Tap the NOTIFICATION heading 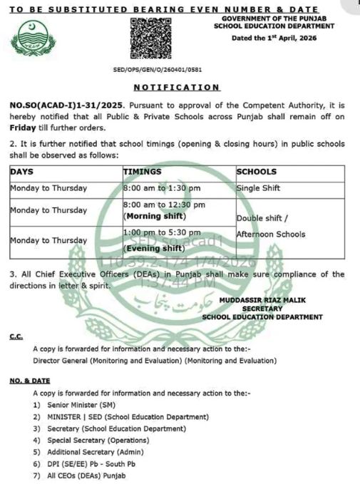click(x=178, y=87)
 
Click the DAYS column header click(x=22, y=172)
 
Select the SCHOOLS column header click(x=257, y=172)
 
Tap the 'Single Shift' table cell click(x=259, y=188)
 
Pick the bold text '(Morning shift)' click(x=155, y=216)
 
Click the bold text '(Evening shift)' click(x=154, y=248)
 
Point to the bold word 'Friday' click(x=23, y=128)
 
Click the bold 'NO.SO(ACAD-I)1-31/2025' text click(x=57, y=104)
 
